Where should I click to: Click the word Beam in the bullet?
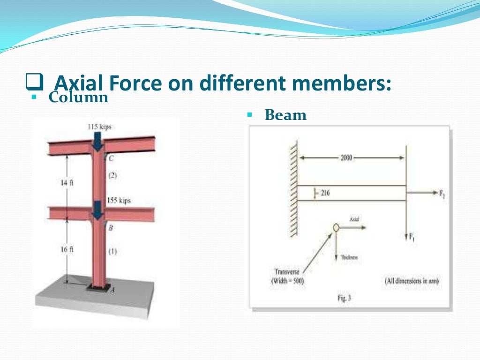tap(285, 115)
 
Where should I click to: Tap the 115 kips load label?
tap(99, 127)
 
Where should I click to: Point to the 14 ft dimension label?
tap(67, 183)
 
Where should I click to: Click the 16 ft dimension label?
tap(67, 250)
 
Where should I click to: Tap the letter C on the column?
tap(112, 158)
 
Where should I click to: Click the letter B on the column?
tap(111, 228)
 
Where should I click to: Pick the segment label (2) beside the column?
tap(112, 176)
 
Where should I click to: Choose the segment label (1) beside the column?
tap(112, 251)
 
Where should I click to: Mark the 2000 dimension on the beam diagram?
tap(346, 158)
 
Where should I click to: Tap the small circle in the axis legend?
tap(336, 228)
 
